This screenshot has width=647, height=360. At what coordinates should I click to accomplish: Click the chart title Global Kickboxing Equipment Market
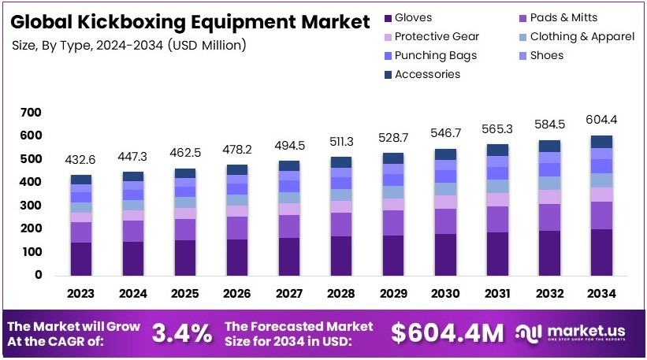pos(190,21)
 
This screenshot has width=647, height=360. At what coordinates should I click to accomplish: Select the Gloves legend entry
pos(413,17)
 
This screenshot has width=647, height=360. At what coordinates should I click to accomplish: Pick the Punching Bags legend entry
pos(435,55)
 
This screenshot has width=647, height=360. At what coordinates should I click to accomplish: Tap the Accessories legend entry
pos(427,74)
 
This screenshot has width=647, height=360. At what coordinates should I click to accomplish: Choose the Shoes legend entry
pos(546,55)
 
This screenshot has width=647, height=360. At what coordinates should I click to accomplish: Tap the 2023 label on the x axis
pos(80,293)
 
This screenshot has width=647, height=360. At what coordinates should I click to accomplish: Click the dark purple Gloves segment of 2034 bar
pos(601,252)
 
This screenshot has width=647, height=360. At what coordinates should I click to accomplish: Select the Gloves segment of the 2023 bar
pos(80,259)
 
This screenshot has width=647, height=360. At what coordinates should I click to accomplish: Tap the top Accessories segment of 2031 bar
pos(497,150)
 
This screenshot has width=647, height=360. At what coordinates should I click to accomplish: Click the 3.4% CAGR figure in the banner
pos(182,333)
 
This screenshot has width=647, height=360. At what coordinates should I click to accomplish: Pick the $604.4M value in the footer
pos(447,333)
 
